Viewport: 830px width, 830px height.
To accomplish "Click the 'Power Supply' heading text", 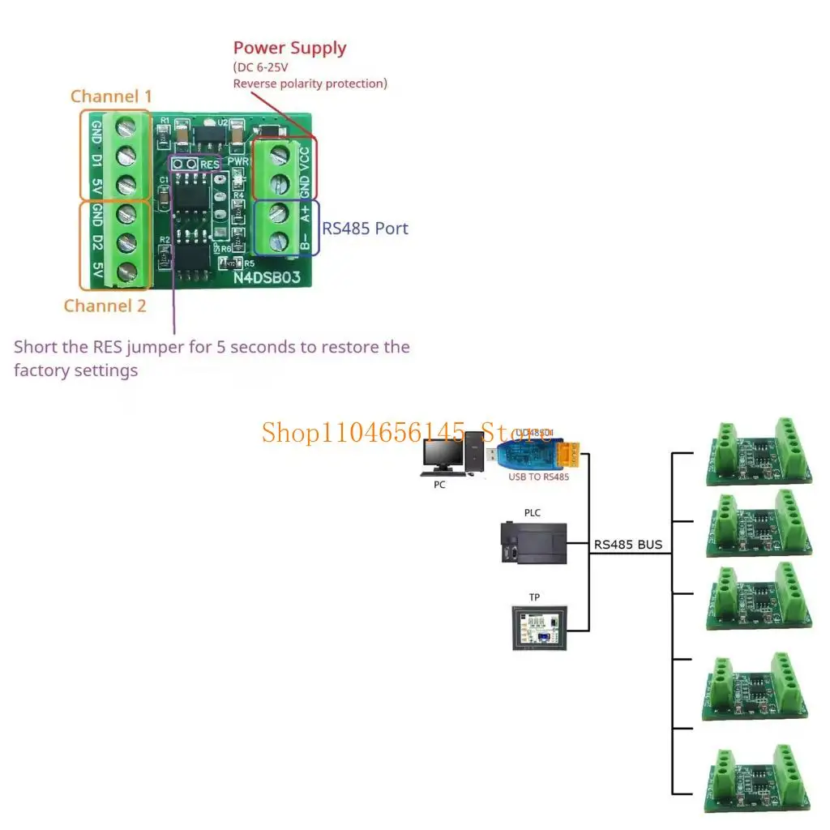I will [x=289, y=48].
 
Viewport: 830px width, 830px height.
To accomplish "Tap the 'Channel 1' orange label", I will [x=111, y=96].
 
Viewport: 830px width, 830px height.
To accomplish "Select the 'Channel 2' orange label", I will [x=105, y=306].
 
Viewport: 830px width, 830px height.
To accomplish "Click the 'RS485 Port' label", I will [x=365, y=229].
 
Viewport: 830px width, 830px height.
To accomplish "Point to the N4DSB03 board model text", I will [x=267, y=277].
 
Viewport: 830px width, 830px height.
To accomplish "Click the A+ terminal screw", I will [x=278, y=213].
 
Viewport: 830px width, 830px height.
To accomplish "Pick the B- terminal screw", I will [x=278, y=241].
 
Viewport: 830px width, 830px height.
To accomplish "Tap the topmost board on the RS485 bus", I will [x=759, y=451].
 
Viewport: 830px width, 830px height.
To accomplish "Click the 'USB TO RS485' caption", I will [x=538, y=477].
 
